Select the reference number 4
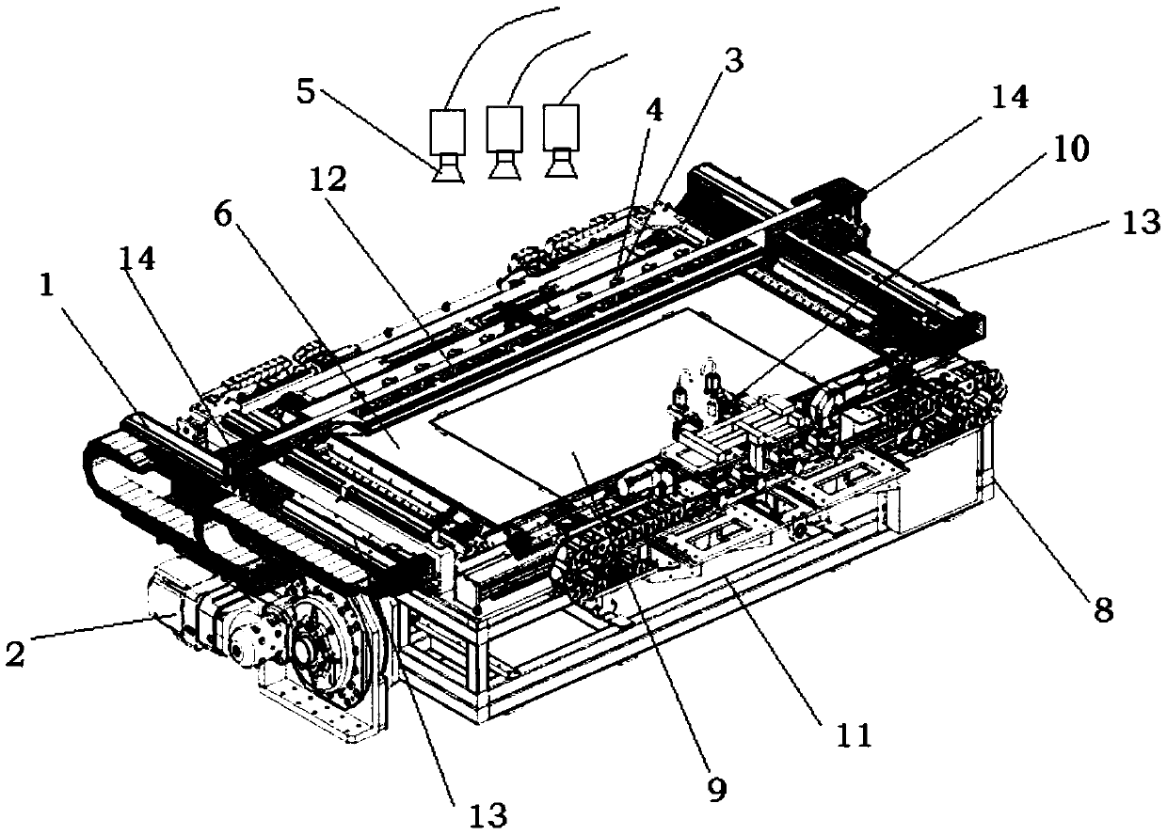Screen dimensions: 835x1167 [653, 112]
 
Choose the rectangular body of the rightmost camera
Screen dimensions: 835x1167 [563, 125]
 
